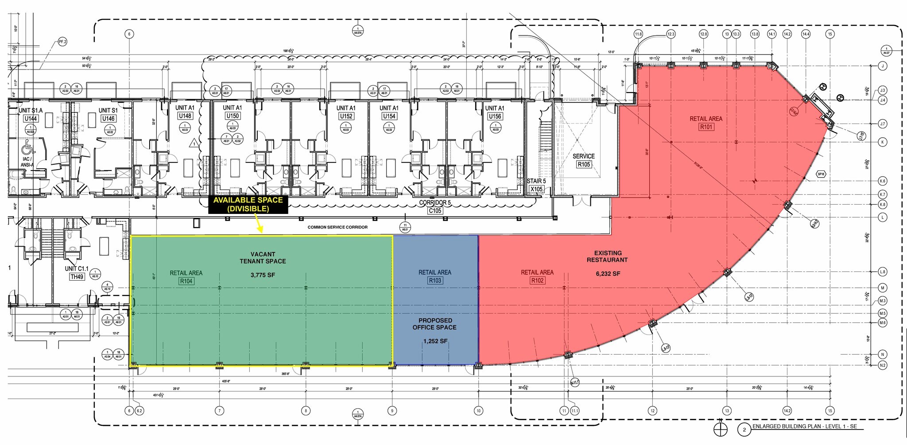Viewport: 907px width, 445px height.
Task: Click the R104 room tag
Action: click(186, 281)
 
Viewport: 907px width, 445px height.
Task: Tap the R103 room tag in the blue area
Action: click(435, 281)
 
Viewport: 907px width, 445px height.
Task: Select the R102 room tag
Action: click(537, 281)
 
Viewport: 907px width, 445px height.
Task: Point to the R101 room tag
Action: click(706, 127)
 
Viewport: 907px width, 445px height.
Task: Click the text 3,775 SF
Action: click(263, 275)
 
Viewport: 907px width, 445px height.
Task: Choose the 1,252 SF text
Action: click(435, 341)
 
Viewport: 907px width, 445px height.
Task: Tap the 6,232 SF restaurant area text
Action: click(608, 274)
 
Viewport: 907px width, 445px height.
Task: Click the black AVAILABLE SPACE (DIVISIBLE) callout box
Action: click(248, 205)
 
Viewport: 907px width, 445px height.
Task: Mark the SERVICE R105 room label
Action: click(583, 160)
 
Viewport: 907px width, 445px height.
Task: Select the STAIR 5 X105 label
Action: click(536, 185)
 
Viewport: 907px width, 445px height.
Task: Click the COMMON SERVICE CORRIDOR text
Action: click(337, 227)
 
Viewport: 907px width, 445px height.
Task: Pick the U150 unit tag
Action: click(233, 116)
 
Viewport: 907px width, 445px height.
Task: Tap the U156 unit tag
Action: click(495, 116)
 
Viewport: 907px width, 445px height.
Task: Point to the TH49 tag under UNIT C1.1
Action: click(77, 277)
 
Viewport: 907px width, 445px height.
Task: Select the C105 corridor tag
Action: click(435, 211)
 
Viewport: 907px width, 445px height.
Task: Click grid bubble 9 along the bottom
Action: click(392, 411)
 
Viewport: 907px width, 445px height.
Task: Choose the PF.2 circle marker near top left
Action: click(62, 42)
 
